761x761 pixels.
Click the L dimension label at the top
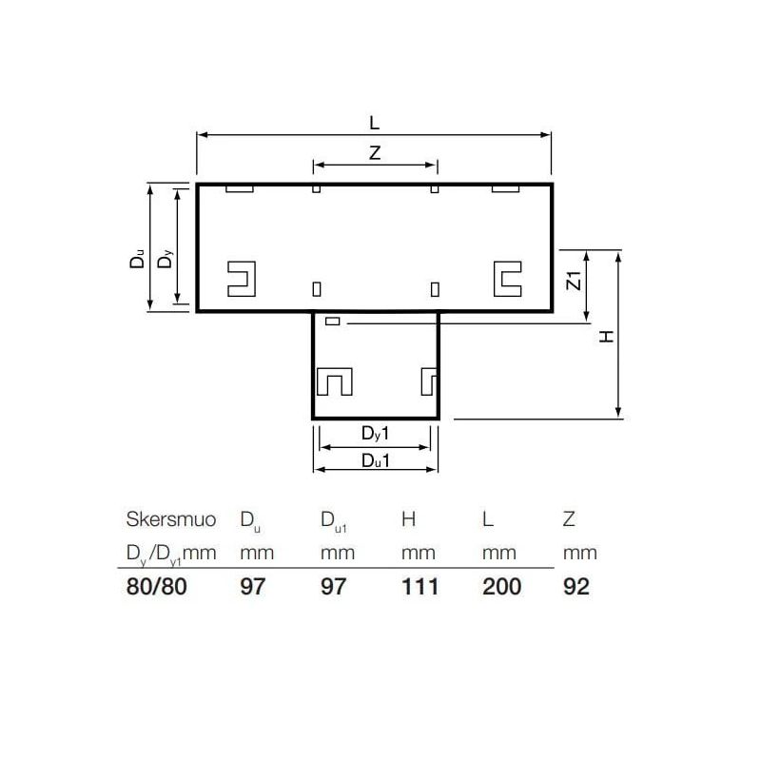[374, 123]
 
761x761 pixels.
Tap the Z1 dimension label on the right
[573, 281]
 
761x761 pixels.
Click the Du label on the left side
[139, 259]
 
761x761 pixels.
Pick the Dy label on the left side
[166, 258]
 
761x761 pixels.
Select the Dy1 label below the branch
[376, 435]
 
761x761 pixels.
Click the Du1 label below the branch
[376, 460]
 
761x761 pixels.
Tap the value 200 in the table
[501, 586]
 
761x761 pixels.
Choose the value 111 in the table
[420, 586]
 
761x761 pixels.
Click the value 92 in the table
[576, 586]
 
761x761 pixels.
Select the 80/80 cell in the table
[158, 586]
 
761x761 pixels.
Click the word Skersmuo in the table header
[171, 519]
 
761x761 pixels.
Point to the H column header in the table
[410, 519]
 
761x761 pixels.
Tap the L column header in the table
[488, 519]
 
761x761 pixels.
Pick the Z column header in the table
[569, 519]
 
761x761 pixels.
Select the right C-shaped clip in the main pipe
[505, 278]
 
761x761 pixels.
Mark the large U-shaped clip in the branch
[334, 380]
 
